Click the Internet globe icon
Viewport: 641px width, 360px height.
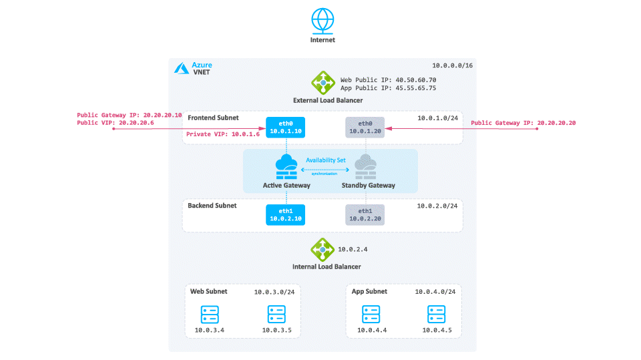[323, 21]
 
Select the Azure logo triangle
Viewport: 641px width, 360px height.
[182, 68]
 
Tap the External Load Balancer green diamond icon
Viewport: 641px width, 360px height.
[323, 83]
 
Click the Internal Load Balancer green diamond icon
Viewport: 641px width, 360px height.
[322, 250]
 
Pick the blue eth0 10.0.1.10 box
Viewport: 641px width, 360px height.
[285, 127]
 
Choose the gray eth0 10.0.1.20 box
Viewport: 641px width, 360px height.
[365, 127]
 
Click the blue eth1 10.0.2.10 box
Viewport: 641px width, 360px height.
[285, 215]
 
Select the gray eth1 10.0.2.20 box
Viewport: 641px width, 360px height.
[365, 215]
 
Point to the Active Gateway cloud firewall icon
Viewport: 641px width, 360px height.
[286, 166]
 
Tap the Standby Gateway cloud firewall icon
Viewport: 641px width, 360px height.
[365, 166]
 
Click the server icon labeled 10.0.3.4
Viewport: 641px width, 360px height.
[210, 315]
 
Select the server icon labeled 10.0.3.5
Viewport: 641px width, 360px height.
[276, 315]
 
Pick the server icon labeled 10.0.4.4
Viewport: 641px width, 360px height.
[371, 315]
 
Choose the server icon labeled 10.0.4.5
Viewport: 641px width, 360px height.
[436, 315]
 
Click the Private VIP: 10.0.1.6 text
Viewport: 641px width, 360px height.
[223, 134]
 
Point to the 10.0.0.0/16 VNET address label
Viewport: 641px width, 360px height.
[452, 65]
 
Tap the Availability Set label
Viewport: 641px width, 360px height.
[326, 160]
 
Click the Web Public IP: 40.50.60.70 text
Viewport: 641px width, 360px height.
[389, 79]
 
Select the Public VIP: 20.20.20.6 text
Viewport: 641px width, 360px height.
[116, 123]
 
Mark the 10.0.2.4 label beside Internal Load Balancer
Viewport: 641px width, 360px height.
[353, 249]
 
